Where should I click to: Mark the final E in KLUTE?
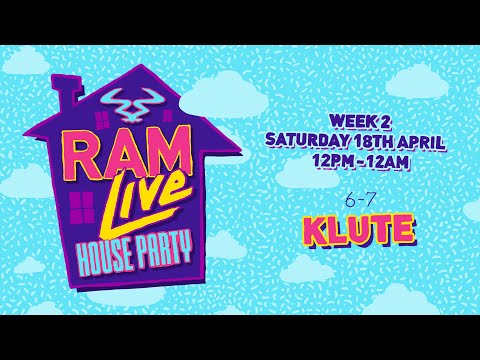[403, 230]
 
